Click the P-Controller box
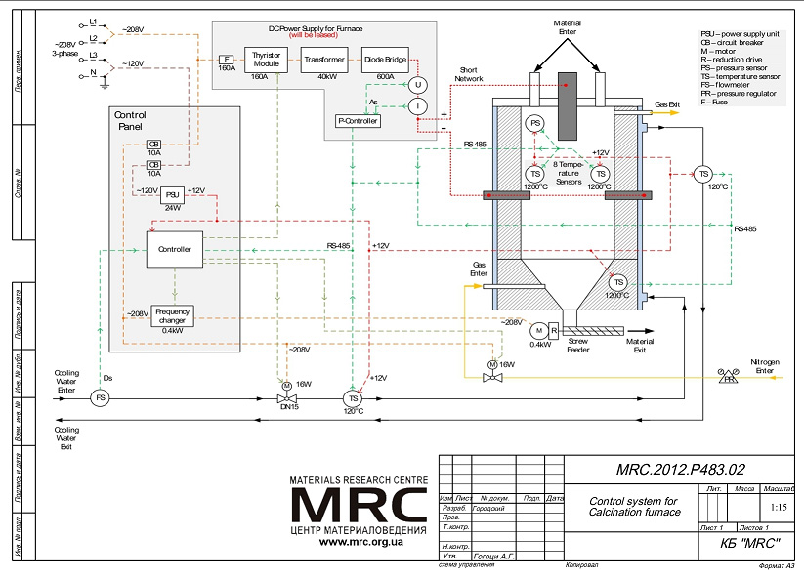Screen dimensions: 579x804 [x=358, y=120]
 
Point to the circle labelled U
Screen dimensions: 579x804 [x=417, y=85]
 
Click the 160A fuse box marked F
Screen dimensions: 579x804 [x=226, y=60]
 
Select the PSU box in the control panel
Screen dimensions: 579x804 [x=172, y=192]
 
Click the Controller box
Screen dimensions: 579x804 [x=174, y=249]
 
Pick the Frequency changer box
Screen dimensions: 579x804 [x=172, y=315]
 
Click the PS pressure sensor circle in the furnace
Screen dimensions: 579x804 [x=535, y=124]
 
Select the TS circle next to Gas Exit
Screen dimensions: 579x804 [x=703, y=174]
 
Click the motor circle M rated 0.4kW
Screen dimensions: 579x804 [x=538, y=329]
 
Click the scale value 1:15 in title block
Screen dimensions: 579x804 [x=778, y=508]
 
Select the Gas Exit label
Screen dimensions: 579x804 [x=668, y=103]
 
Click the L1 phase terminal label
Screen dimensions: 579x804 [x=93, y=21]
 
